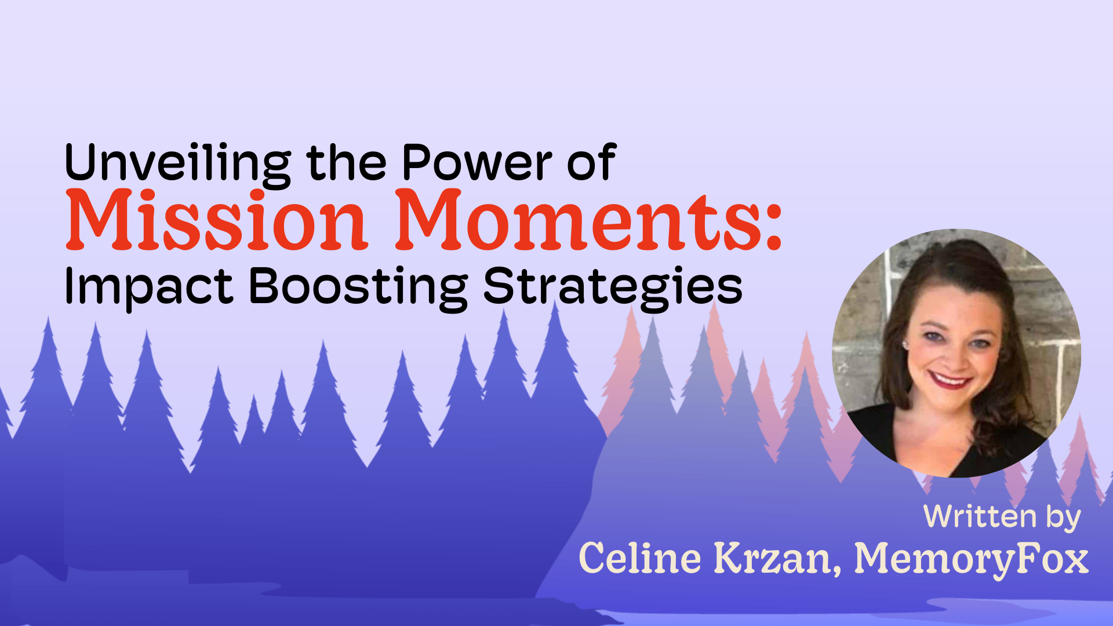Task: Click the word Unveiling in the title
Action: pos(177,164)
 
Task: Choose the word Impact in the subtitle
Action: pos(148,286)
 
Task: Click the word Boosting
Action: pos(358,286)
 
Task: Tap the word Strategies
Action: pos(613,286)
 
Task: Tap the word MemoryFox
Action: pos(972,559)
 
